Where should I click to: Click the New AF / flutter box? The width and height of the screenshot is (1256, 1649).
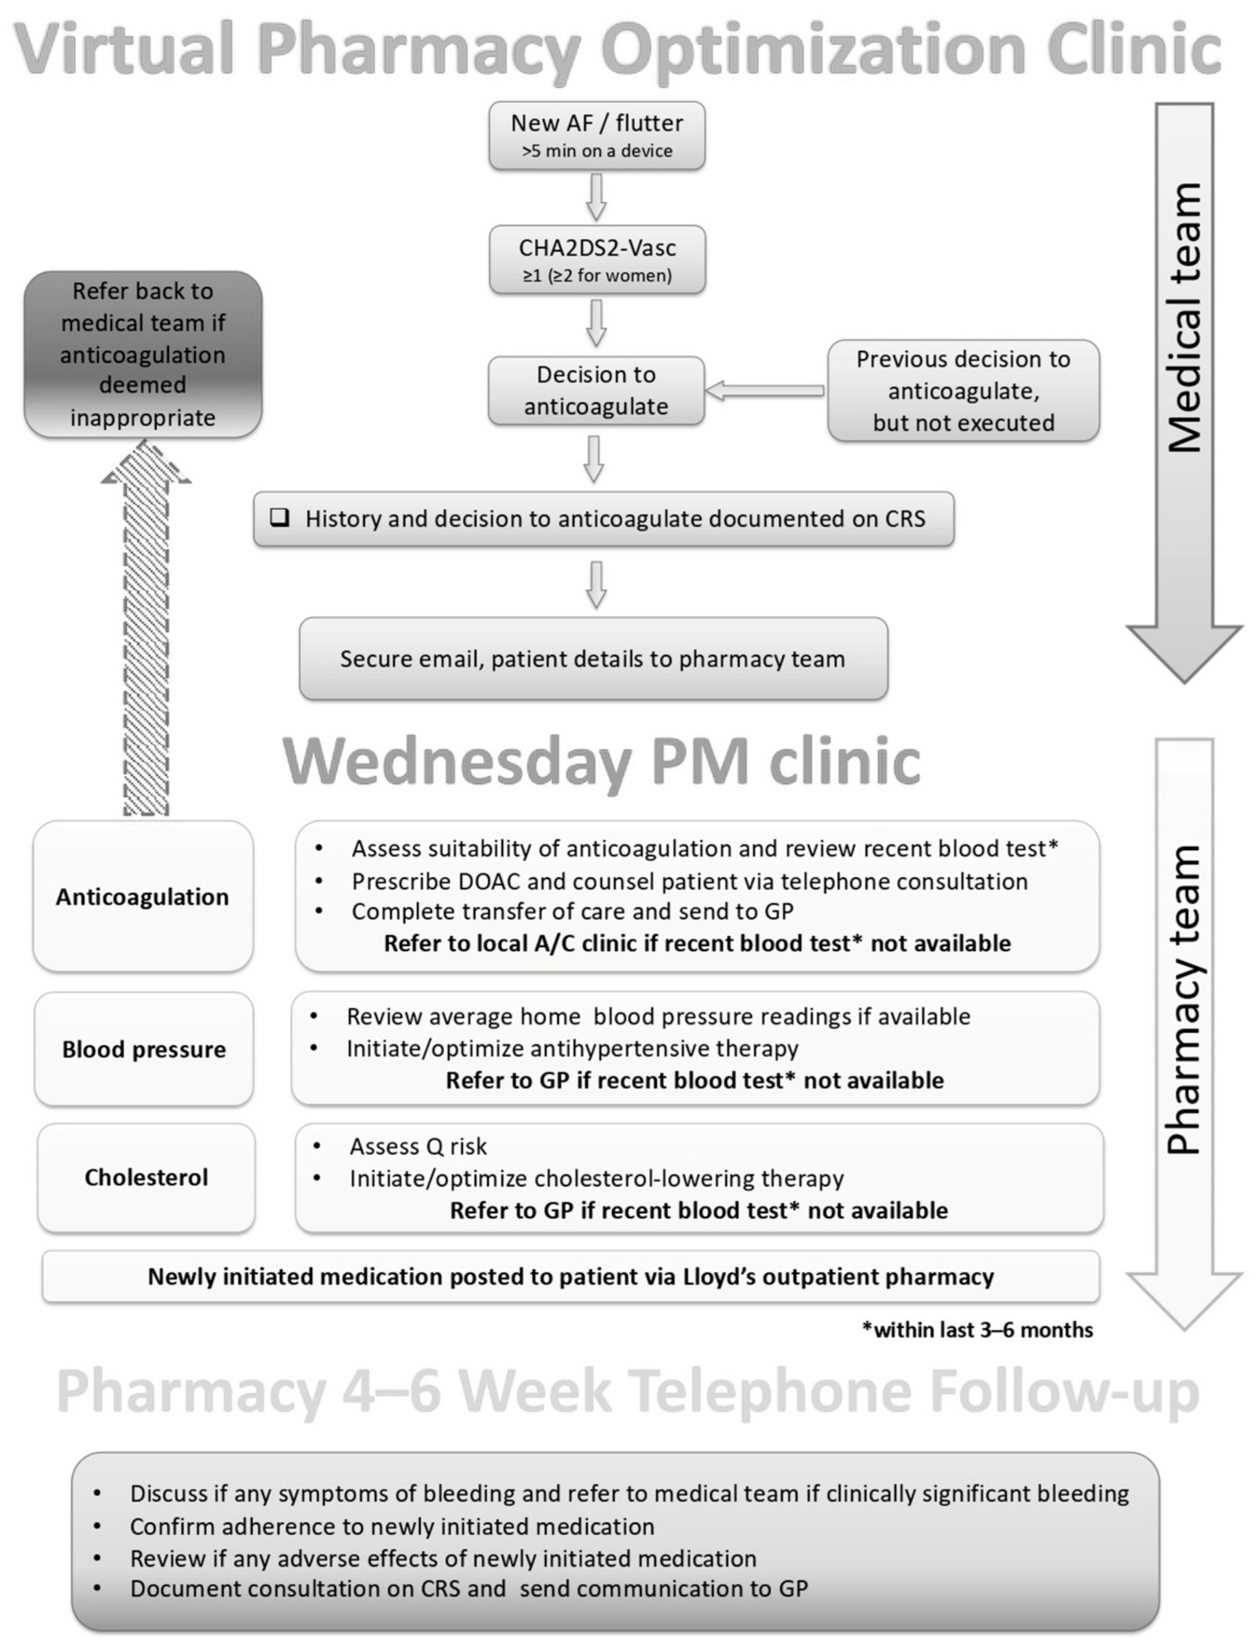[597, 136]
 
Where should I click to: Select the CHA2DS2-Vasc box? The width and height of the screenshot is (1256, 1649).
[597, 259]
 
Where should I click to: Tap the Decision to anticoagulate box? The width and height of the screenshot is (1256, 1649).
[596, 390]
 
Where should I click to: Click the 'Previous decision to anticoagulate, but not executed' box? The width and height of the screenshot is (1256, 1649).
[963, 390]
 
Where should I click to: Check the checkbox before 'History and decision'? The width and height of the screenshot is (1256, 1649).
[280, 517]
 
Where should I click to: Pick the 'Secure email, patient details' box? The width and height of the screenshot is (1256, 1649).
[593, 659]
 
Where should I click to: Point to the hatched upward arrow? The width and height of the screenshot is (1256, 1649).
[146, 635]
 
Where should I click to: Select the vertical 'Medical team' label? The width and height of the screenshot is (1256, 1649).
[1184, 318]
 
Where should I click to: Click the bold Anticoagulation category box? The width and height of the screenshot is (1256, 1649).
[143, 897]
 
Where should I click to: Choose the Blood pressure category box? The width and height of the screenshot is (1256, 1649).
[143, 1049]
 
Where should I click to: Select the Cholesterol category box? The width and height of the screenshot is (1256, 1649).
[147, 1177]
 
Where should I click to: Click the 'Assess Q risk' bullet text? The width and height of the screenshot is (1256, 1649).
[418, 1147]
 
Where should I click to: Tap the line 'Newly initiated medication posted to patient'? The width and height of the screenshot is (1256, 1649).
[571, 1276]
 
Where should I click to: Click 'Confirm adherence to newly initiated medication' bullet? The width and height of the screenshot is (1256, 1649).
[392, 1526]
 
